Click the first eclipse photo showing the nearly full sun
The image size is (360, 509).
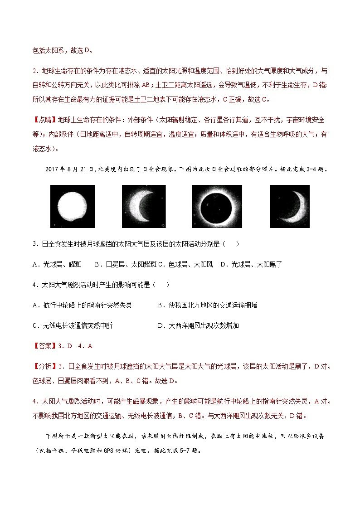(x=73, y=206)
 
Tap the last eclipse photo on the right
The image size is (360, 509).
(x=289, y=206)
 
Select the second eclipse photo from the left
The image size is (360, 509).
(x=144, y=206)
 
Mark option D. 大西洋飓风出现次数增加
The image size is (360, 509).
(x=198, y=325)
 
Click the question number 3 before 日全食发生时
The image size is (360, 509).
(x=35, y=244)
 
